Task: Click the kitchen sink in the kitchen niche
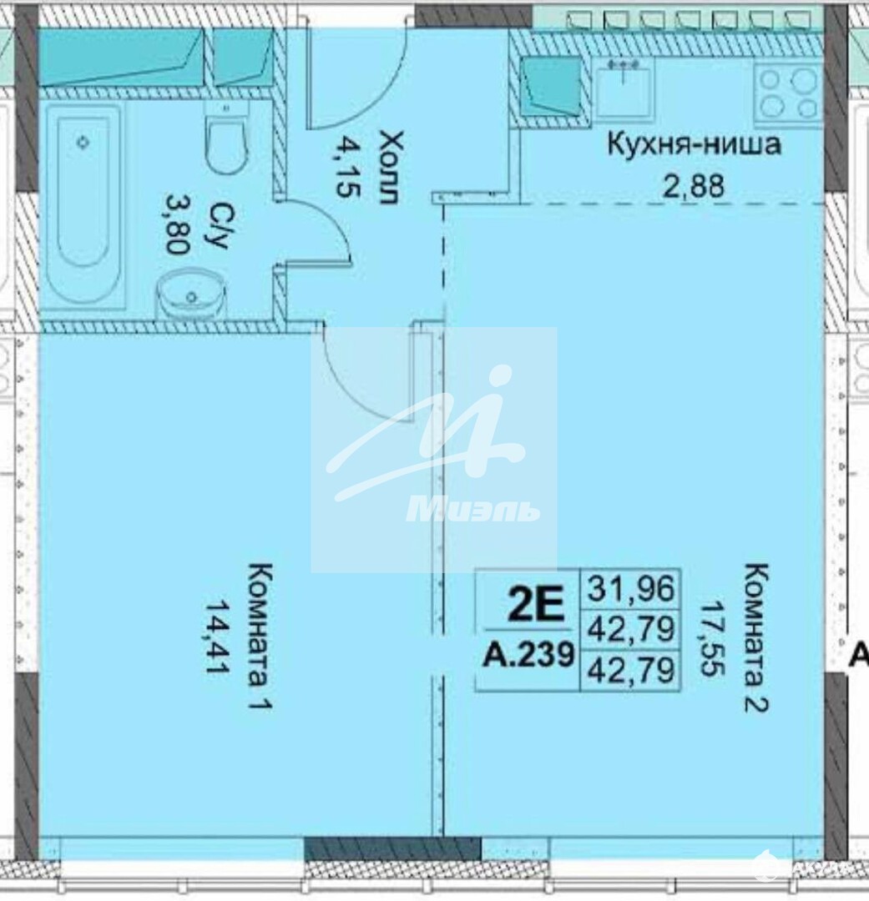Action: [624, 91]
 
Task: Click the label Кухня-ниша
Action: [695, 144]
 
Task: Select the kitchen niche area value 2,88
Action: [694, 186]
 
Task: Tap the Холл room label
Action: [386, 167]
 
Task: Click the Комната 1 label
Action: [259, 637]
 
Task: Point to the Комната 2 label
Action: [755, 638]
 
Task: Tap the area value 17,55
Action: [712, 638]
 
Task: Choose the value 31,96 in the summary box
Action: [630, 588]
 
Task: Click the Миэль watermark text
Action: [473, 508]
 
